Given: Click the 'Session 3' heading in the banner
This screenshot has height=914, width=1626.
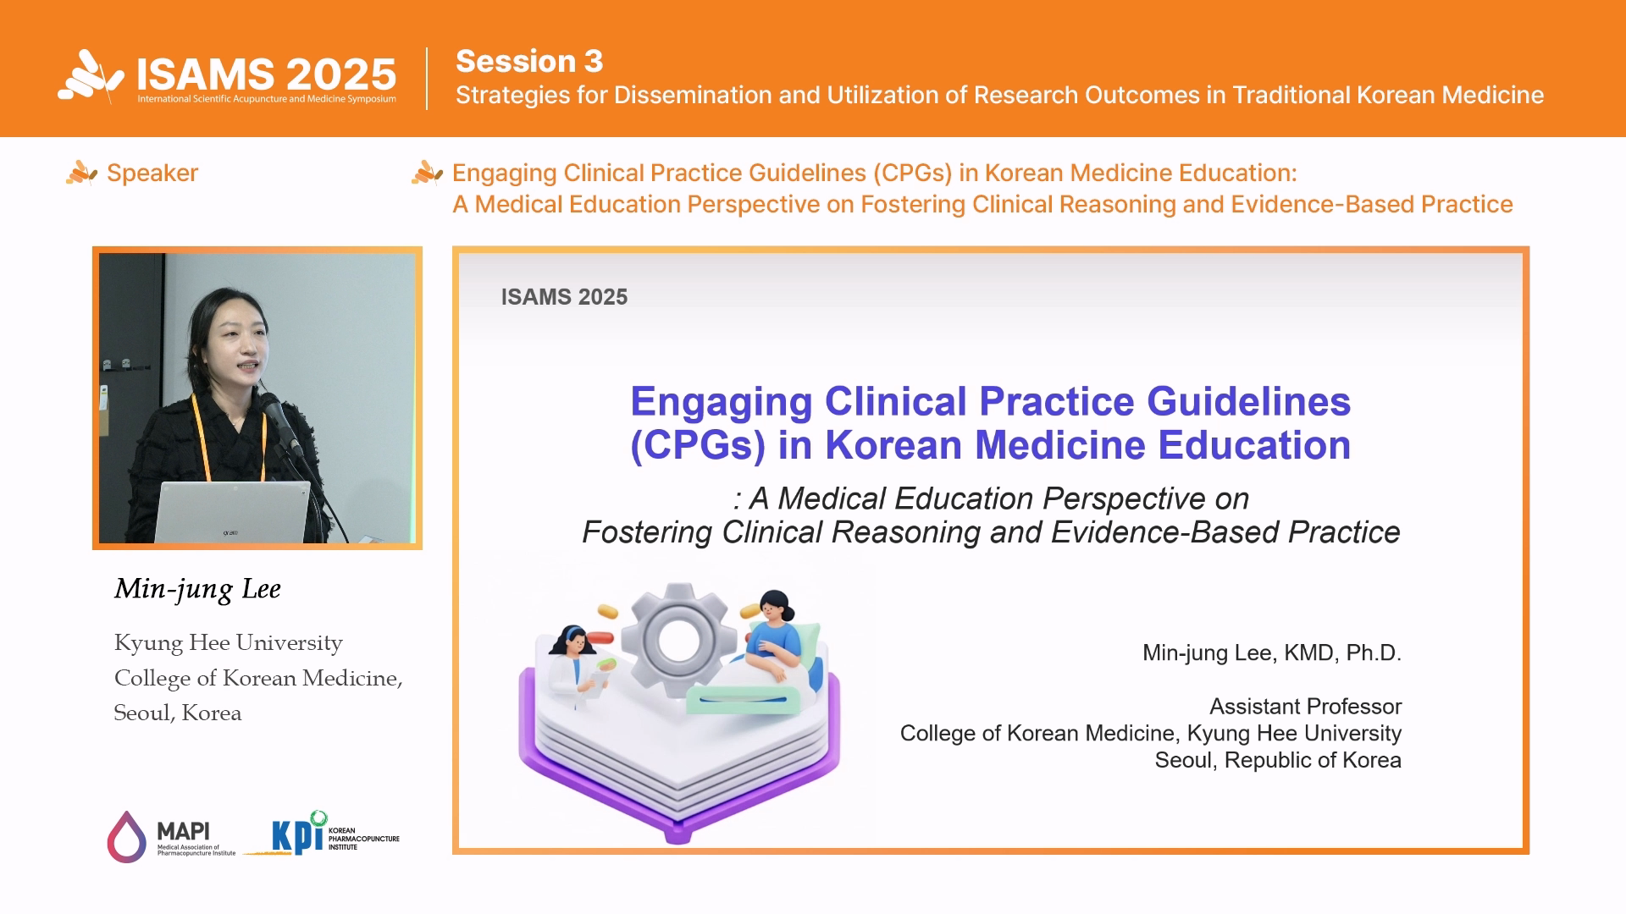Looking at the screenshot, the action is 529,61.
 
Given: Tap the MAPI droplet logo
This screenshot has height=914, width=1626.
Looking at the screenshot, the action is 126,837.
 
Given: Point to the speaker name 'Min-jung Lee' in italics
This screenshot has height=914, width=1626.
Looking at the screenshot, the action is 197,589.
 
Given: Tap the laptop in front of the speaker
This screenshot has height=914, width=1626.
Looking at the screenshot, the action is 232,512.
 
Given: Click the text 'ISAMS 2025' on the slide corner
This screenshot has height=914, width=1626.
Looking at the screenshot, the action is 564,297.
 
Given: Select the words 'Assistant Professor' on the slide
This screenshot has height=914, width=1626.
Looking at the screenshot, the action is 1305,707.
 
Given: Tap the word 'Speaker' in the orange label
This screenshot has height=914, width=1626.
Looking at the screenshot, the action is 152,173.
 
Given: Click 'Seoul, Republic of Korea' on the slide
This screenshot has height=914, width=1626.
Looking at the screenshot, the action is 1278,761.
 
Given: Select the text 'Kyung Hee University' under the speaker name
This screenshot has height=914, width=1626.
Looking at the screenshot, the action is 229,643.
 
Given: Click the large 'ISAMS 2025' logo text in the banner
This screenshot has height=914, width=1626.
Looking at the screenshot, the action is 267,74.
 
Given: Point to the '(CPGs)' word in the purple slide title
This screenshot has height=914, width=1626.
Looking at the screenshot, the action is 698,446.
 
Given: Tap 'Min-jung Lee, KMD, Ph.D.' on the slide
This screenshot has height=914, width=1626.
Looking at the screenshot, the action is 1272,653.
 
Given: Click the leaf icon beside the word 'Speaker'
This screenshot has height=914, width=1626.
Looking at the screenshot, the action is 81,173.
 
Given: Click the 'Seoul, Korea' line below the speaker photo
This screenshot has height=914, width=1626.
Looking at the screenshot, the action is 178,713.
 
